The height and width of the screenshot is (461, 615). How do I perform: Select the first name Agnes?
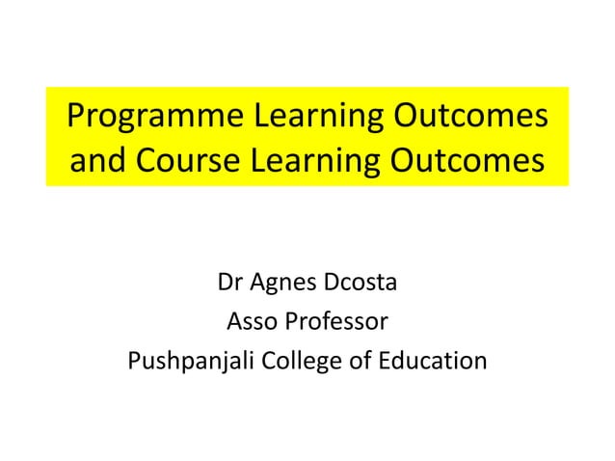282,285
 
